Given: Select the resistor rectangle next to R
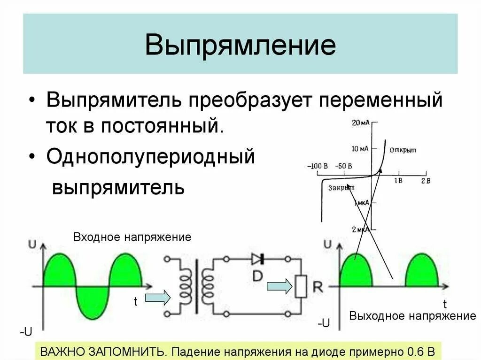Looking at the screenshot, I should (x=301, y=286).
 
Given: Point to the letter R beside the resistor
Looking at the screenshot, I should (x=318, y=287).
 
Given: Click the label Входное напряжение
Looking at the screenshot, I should (x=132, y=237).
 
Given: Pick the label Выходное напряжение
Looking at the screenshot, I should (x=412, y=315).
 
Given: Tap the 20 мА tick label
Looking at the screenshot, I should (x=361, y=123).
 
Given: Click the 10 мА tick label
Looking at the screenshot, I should (x=360, y=149).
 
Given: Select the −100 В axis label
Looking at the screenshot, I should (x=319, y=166).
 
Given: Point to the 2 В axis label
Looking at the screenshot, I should (x=425, y=181).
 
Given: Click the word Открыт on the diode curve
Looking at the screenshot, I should (x=403, y=150).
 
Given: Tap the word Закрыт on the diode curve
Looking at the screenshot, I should (x=341, y=188).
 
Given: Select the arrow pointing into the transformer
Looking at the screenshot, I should (x=157, y=297).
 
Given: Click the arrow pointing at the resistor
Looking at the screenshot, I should (x=279, y=286).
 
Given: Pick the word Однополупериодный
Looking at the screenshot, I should (x=150, y=156).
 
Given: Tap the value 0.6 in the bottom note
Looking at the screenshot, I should (x=414, y=352).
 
